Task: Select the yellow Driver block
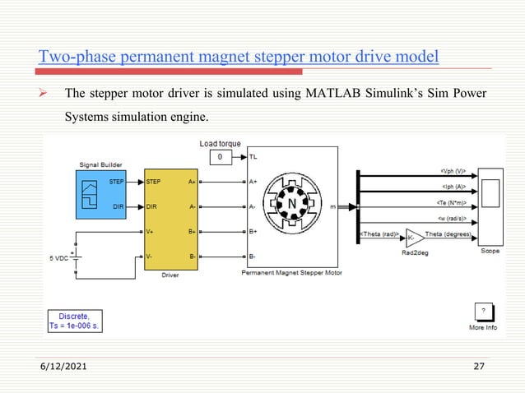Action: click(x=171, y=220)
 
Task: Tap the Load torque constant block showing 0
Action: click(x=219, y=156)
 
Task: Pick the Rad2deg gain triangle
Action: click(x=411, y=237)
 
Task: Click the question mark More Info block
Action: click(x=483, y=312)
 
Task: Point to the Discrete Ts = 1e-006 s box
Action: click(x=75, y=321)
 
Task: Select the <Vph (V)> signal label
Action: click(x=453, y=172)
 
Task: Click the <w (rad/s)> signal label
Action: click(x=452, y=219)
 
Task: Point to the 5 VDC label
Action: click(x=58, y=258)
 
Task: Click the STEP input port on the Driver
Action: click(x=154, y=182)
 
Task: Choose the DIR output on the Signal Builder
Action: click(x=120, y=207)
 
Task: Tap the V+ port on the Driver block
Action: click(x=151, y=232)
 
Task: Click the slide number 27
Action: click(x=479, y=366)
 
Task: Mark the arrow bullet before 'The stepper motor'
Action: click(x=46, y=91)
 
